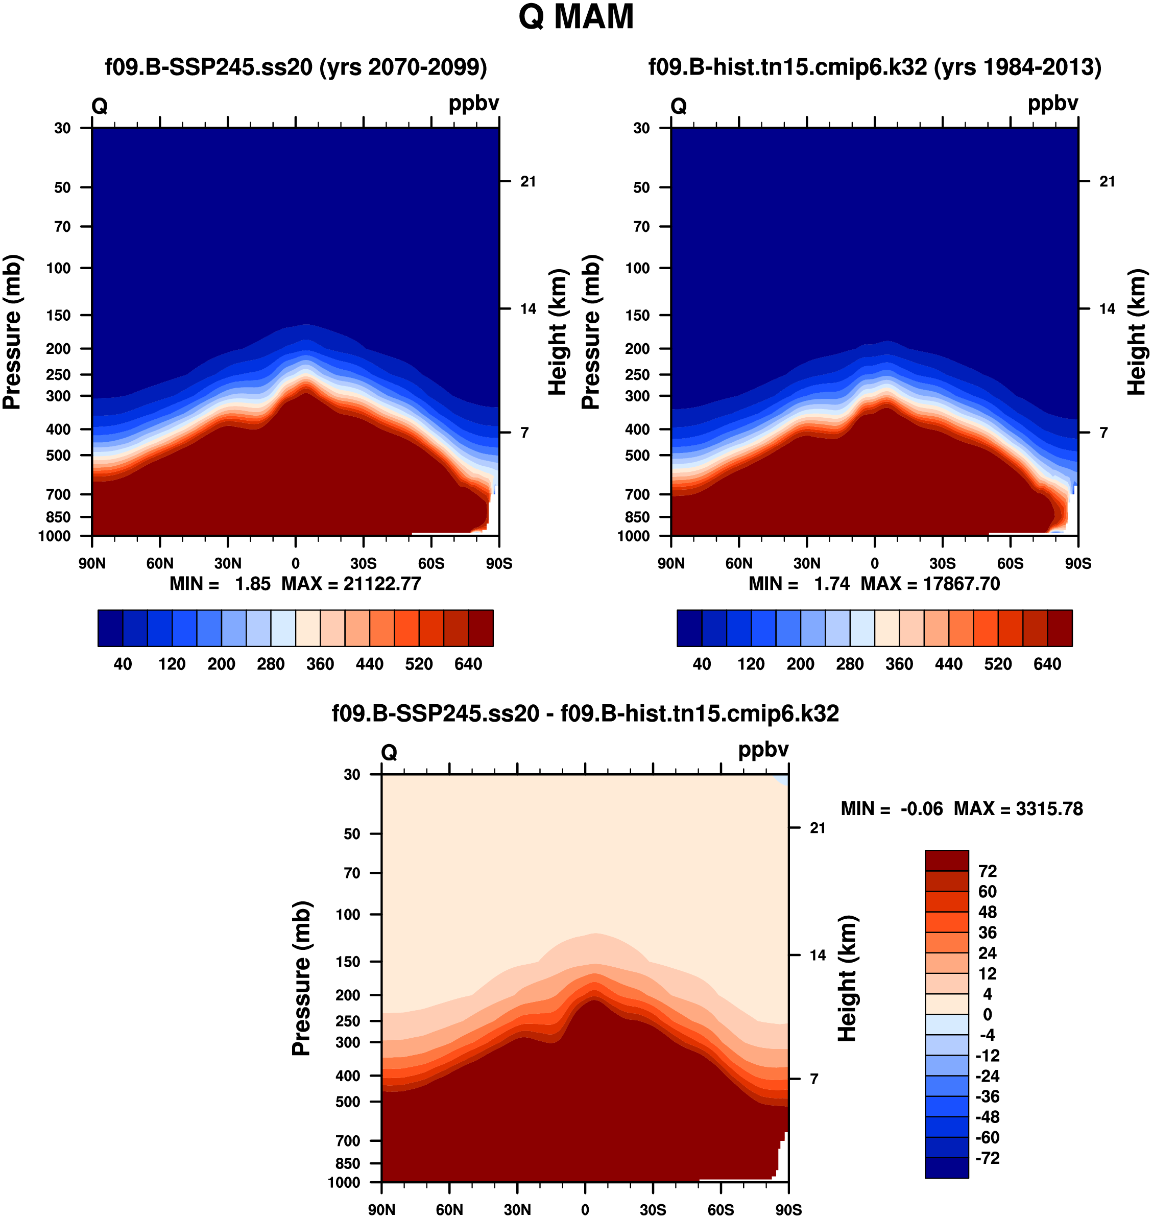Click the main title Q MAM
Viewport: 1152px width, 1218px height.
(x=575, y=17)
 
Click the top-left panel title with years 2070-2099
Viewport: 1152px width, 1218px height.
(x=296, y=67)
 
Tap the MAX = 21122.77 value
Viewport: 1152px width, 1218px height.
(x=351, y=584)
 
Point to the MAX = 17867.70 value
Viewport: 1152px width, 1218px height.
(x=930, y=584)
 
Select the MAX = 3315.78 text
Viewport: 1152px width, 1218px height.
(x=1018, y=809)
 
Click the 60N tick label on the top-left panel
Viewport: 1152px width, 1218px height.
(x=160, y=564)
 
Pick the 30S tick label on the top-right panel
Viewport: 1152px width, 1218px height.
(x=942, y=564)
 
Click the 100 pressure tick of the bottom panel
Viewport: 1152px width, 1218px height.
(x=348, y=915)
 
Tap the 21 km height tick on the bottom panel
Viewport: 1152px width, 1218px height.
(x=818, y=828)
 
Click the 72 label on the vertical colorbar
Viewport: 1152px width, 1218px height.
(x=988, y=872)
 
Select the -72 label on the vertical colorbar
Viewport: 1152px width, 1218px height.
(x=988, y=1158)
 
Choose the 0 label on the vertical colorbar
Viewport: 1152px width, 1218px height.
(x=988, y=1015)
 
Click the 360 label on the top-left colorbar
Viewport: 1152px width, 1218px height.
(x=320, y=664)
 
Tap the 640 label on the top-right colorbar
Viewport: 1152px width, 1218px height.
(x=1047, y=664)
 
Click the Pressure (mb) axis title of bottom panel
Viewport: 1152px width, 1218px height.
(x=301, y=979)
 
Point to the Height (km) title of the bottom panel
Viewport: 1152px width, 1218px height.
(x=848, y=978)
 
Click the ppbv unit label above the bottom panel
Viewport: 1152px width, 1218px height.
(x=763, y=750)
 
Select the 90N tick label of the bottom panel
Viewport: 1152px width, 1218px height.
(x=381, y=1210)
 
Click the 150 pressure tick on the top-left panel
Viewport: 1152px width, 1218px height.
(x=58, y=315)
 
